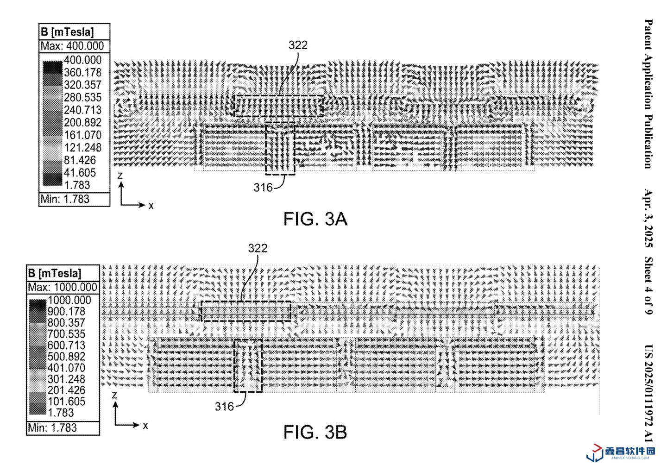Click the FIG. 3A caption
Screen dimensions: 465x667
point(315,219)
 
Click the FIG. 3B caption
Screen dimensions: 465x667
point(315,432)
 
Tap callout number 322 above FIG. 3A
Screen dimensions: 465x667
point(298,45)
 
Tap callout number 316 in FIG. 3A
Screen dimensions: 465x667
point(263,188)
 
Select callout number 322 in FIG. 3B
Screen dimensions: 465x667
point(258,248)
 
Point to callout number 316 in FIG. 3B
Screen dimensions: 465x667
point(224,407)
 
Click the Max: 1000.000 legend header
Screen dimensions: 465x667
point(63,287)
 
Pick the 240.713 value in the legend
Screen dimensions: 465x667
point(82,110)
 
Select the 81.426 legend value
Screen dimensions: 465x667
point(80,160)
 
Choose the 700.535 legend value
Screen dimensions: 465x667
point(66,334)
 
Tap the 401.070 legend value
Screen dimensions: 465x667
point(66,368)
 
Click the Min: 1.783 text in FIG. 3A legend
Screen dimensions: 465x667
point(65,199)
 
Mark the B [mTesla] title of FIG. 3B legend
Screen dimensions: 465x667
point(54,273)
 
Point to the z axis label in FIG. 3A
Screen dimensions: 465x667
point(120,176)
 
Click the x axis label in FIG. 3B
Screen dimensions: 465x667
point(145,425)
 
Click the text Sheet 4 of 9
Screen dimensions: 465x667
point(648,286)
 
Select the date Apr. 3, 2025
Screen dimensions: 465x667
point(648,218)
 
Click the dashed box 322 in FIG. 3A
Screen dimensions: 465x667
point(278,106)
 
